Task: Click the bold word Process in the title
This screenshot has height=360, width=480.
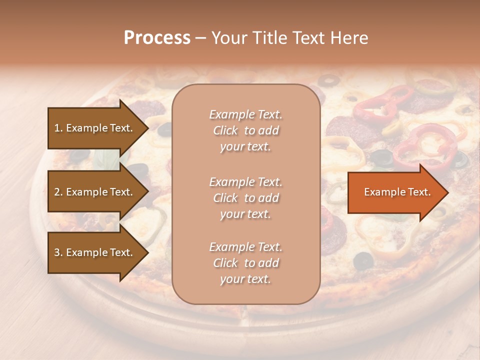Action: [x=157, y=38]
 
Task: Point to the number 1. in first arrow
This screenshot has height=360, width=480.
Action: [x=58, y=128]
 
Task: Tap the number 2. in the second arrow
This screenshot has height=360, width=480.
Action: [x=58, y=192]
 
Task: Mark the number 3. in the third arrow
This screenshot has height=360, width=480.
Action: [x=58, y=252]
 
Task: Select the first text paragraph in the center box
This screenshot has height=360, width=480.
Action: [x=245, y=130]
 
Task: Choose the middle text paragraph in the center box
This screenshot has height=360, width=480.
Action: [x=245, y=198]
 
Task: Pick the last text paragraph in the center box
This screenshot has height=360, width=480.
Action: [x=245, y=263]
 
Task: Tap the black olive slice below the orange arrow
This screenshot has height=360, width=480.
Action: [x=363, y=260]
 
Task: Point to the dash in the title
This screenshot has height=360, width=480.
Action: [x=200, y=38]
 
